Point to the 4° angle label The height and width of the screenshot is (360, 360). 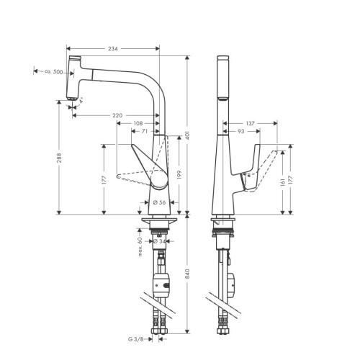81,104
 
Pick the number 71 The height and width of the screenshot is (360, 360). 145,132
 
